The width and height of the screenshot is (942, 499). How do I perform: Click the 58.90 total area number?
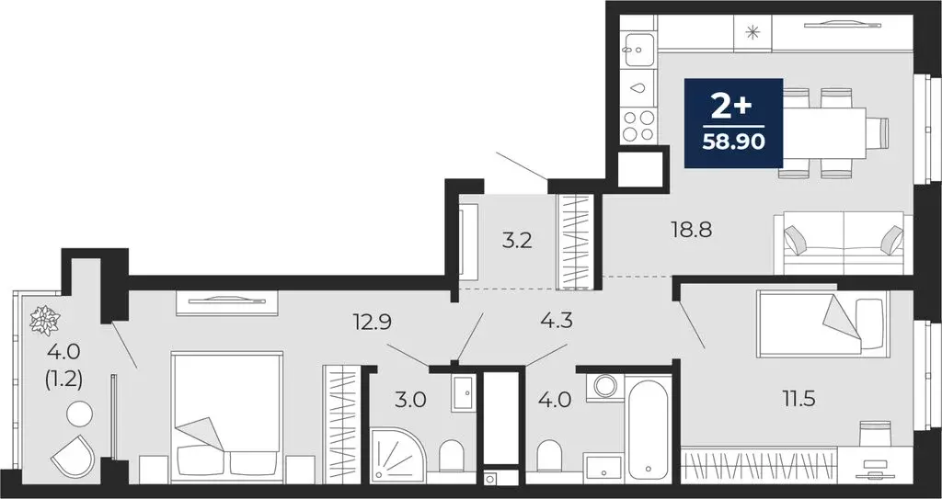[733, 143]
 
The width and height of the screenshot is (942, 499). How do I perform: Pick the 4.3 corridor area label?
[557, 322]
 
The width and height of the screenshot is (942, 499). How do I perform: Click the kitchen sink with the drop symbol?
[638, 89]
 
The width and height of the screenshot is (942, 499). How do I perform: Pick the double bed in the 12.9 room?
[226, 414]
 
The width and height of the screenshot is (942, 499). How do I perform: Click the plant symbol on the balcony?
[44, 320]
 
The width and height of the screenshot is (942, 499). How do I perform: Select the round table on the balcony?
[78, 414]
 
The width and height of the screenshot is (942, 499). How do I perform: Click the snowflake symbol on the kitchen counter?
[752, 34]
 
